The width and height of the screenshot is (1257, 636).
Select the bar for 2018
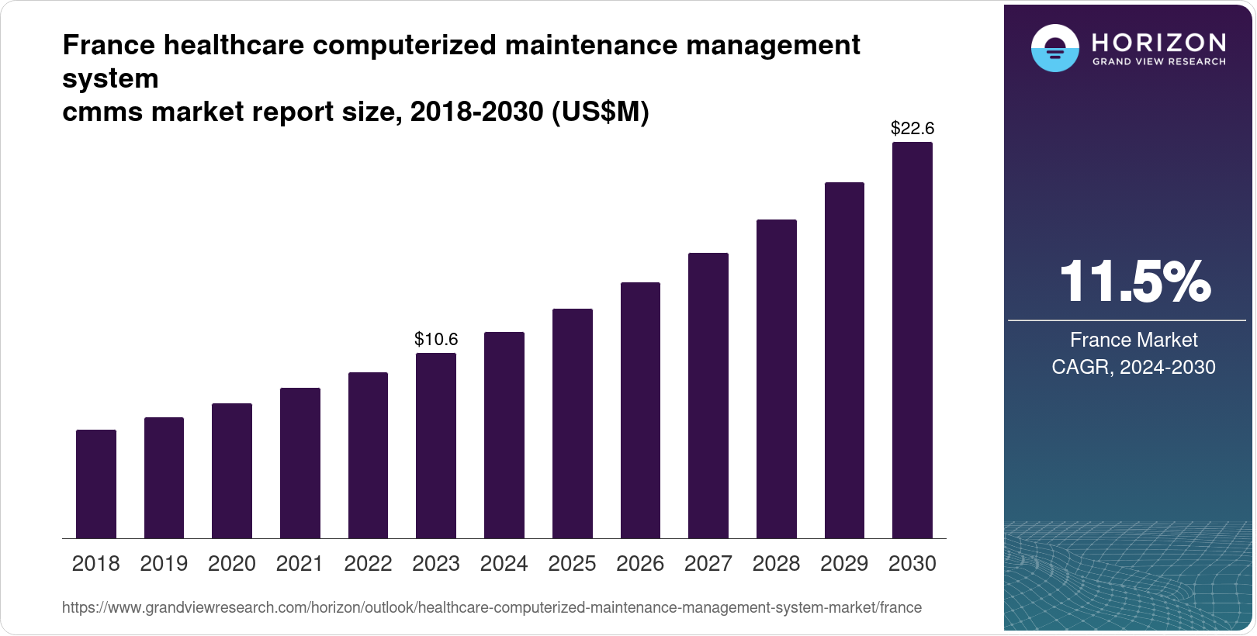[x=96, y=484]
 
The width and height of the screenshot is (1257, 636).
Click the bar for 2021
[x=300, y=463]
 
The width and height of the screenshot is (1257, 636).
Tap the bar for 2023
[x=436, y=446]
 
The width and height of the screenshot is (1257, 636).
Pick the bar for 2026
[x=640, y=410]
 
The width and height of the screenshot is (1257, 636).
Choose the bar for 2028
[x=777, y=379]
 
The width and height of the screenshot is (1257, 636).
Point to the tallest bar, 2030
[x=912, y=340]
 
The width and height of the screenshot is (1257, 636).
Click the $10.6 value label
[x=436, y=339]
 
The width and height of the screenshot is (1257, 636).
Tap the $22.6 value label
[x=912, y=128]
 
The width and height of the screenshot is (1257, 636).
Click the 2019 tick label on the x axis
[x=164, y=564]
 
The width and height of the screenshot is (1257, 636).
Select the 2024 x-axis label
[x=504, y=564]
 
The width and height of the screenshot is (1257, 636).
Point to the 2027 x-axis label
[x=708, y=564]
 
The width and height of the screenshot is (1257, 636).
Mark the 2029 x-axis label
[x=844, y=564]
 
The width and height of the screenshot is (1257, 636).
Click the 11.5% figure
[x=1134, y=282]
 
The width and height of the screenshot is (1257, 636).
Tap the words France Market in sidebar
[x=1134, y=340]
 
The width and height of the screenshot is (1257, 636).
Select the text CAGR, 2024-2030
[x=1134, y=367]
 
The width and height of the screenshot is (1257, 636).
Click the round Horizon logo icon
[x=1054, y=49]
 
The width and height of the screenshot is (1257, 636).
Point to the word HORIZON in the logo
[x=1158, y=42]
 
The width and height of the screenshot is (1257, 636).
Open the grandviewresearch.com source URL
[x=492, y=608]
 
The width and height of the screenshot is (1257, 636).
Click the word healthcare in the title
[x=234, y=45]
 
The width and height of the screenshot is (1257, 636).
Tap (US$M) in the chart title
[x=600, y=112]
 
